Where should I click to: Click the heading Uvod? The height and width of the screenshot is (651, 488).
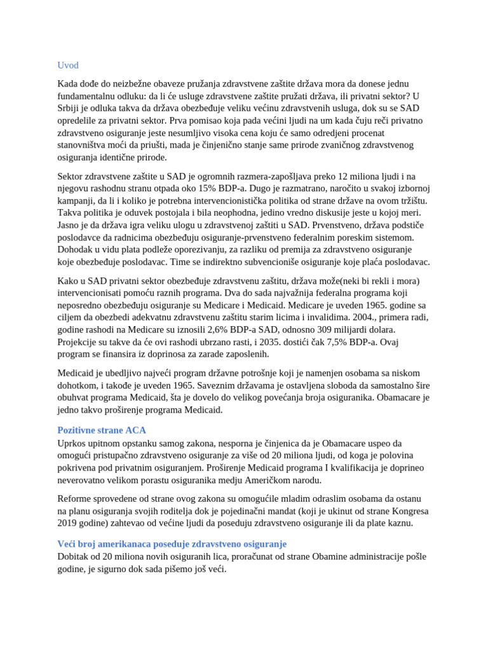pyautogui.click(x=68, y=65)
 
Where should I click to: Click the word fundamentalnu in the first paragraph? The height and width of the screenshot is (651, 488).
pyautogui.click(x=87, y=96)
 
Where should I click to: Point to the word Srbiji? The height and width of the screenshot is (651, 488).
pyautogui.click(x=71, y=108)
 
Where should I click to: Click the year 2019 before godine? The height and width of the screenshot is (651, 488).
pyautogui.click(x=69, y=523)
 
